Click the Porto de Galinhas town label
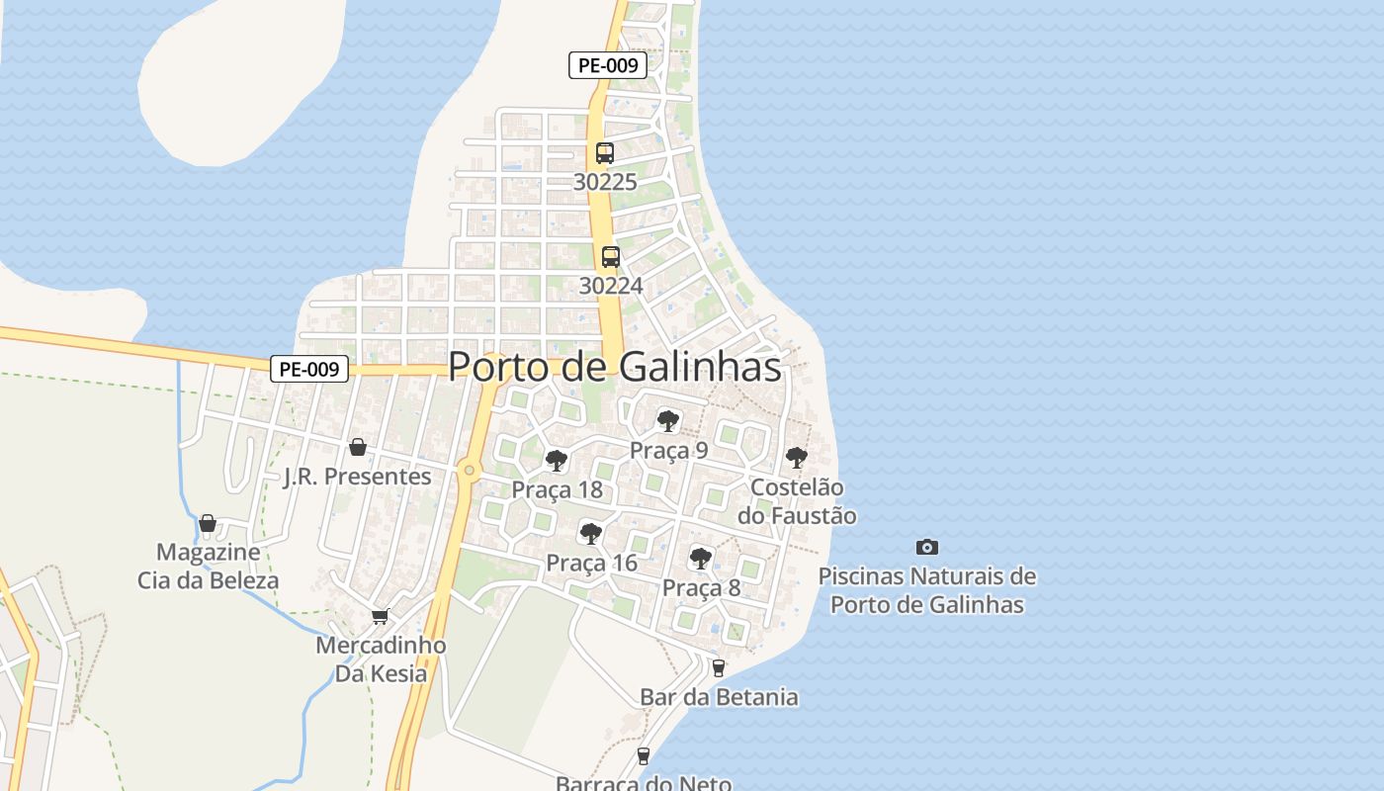coord(614,367)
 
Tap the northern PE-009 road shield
coord(608,66)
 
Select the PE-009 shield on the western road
coord(309,370)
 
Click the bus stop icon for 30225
coord(605,153)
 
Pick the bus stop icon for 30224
coord(611,257)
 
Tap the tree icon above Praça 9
coord(668,421)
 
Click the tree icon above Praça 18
coord(557,460)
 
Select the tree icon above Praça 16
coord(591,534)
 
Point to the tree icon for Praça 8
coord(701,559)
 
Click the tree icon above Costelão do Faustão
coord(796,458)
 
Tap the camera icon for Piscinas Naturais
coord(926,547)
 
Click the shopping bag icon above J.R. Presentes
coord(358,447)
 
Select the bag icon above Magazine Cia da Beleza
coord(208,522)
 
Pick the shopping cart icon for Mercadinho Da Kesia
coord(380,616)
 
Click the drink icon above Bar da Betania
coord(719,667)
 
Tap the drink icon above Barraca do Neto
coord(644,756)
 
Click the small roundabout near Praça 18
coord(469,471)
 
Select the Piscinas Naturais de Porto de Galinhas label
coord(927,590)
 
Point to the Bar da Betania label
coord(719,697)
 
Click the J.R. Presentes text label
coord(358,477)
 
